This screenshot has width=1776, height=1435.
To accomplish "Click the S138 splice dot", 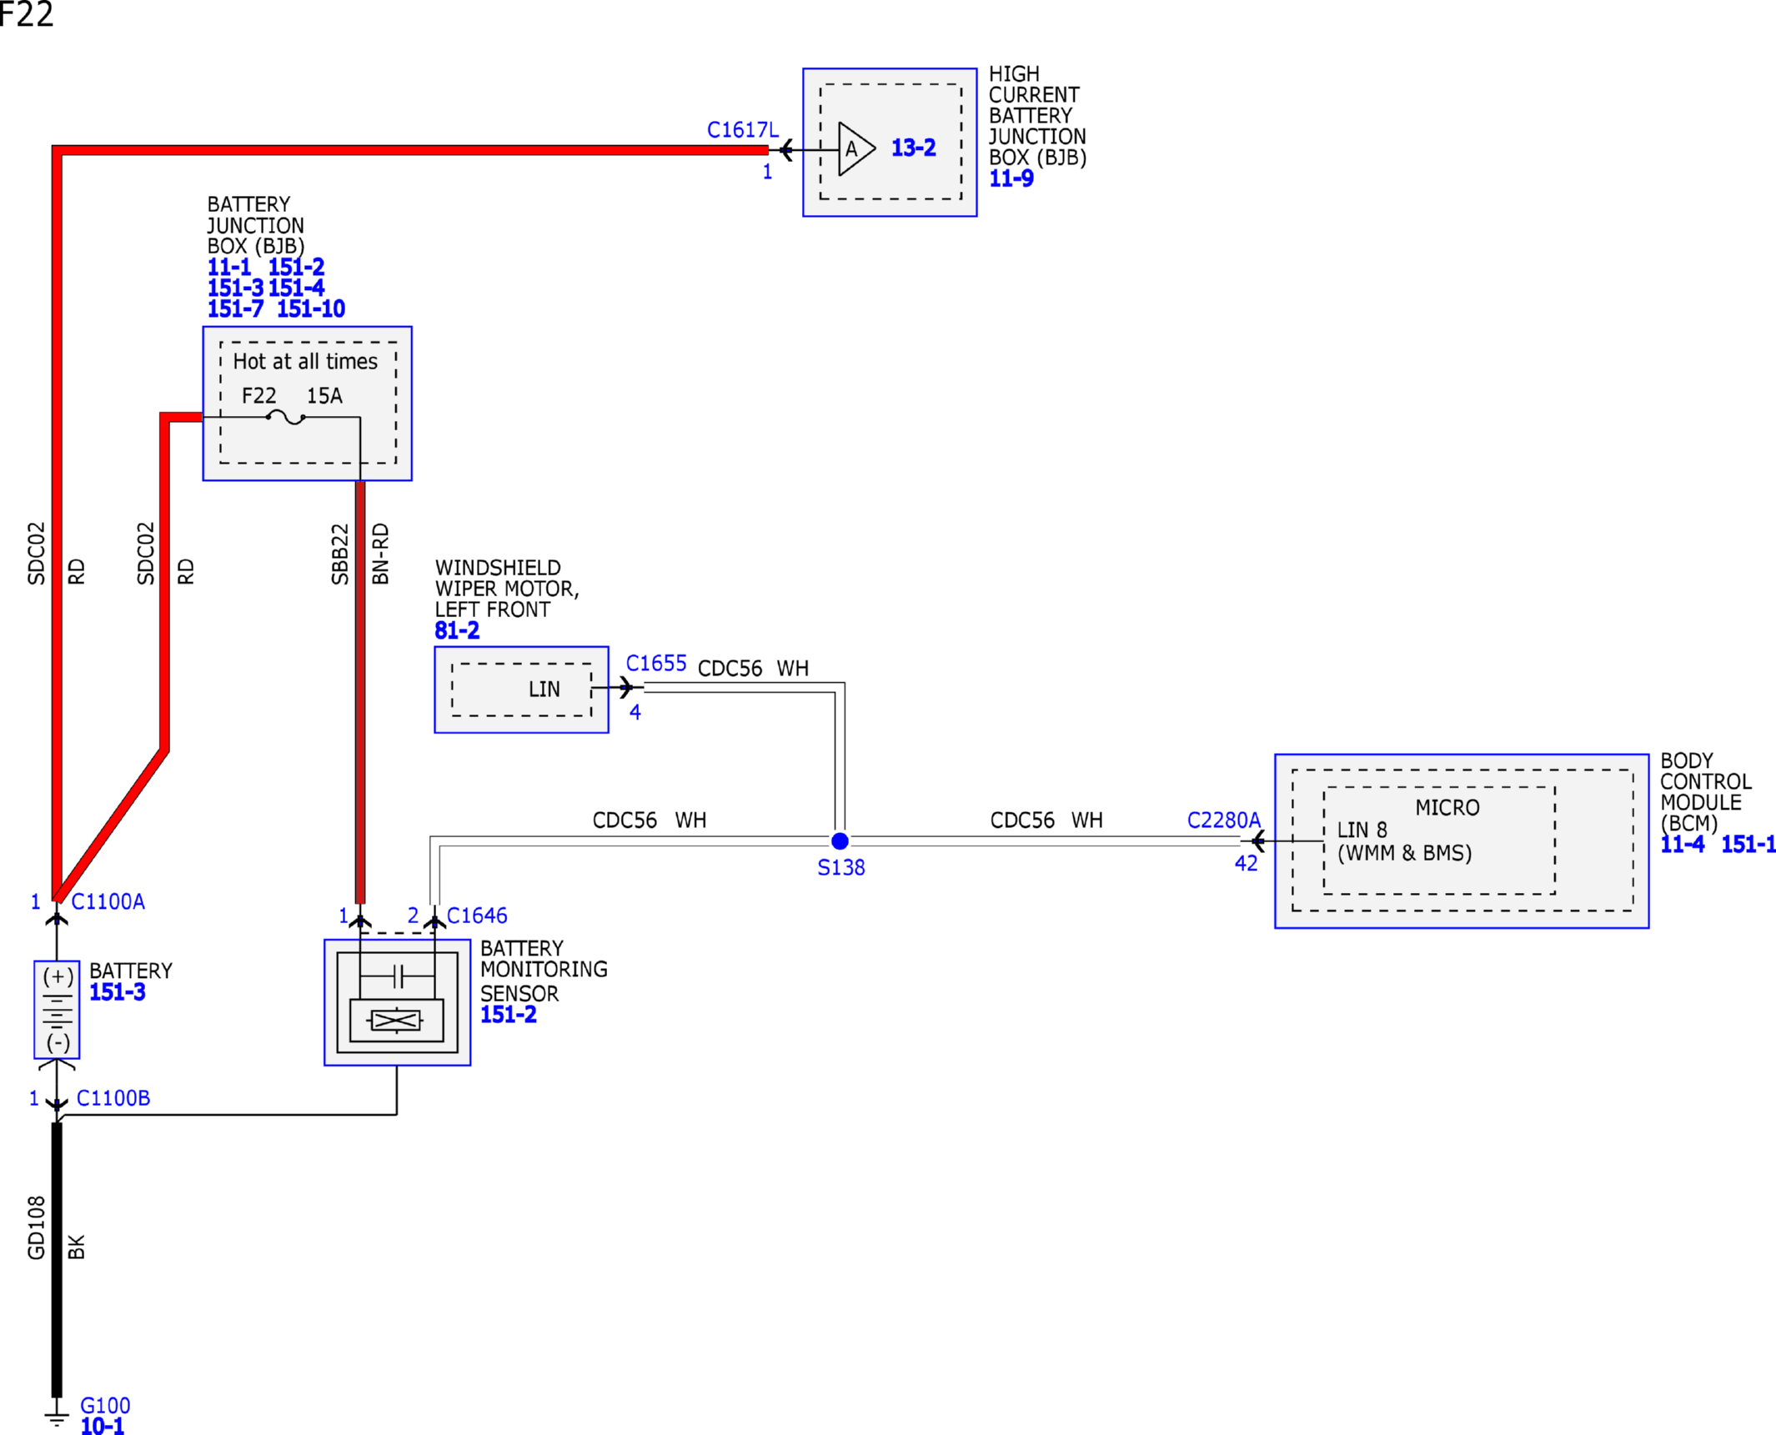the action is click(840, 840).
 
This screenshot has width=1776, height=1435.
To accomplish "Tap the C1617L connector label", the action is click(742, 130).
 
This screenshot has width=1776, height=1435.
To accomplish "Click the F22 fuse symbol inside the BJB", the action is click(285, 417).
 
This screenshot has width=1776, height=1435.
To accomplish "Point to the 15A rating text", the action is click(324, 396).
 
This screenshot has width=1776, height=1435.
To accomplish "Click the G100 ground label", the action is click(105, 1406).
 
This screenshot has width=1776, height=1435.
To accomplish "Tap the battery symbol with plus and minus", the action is click(57, 1009).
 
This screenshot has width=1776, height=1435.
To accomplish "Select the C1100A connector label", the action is click(108, 901).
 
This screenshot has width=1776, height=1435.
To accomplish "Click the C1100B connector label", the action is click(113, 1098).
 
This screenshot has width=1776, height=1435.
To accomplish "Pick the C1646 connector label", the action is click(477, 916).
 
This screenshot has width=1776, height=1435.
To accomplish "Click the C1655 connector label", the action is click(656, 664).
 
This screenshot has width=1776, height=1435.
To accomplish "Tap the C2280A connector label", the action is click(1224, 820).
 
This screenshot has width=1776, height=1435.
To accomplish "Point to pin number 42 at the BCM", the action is click(1246, 864).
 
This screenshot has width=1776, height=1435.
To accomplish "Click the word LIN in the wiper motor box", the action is click(544, 690).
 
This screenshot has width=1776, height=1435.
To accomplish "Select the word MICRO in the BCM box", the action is click(1447, 808).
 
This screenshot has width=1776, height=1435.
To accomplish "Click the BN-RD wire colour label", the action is click(380, 554).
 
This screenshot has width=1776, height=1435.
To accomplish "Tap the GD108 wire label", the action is click(36, 1227).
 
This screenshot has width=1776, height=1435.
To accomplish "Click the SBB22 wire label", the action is click(339, 554).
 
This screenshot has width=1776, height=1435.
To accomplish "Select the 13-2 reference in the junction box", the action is click(914, 148).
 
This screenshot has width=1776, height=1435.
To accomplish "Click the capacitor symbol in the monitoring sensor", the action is click(398, 976).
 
